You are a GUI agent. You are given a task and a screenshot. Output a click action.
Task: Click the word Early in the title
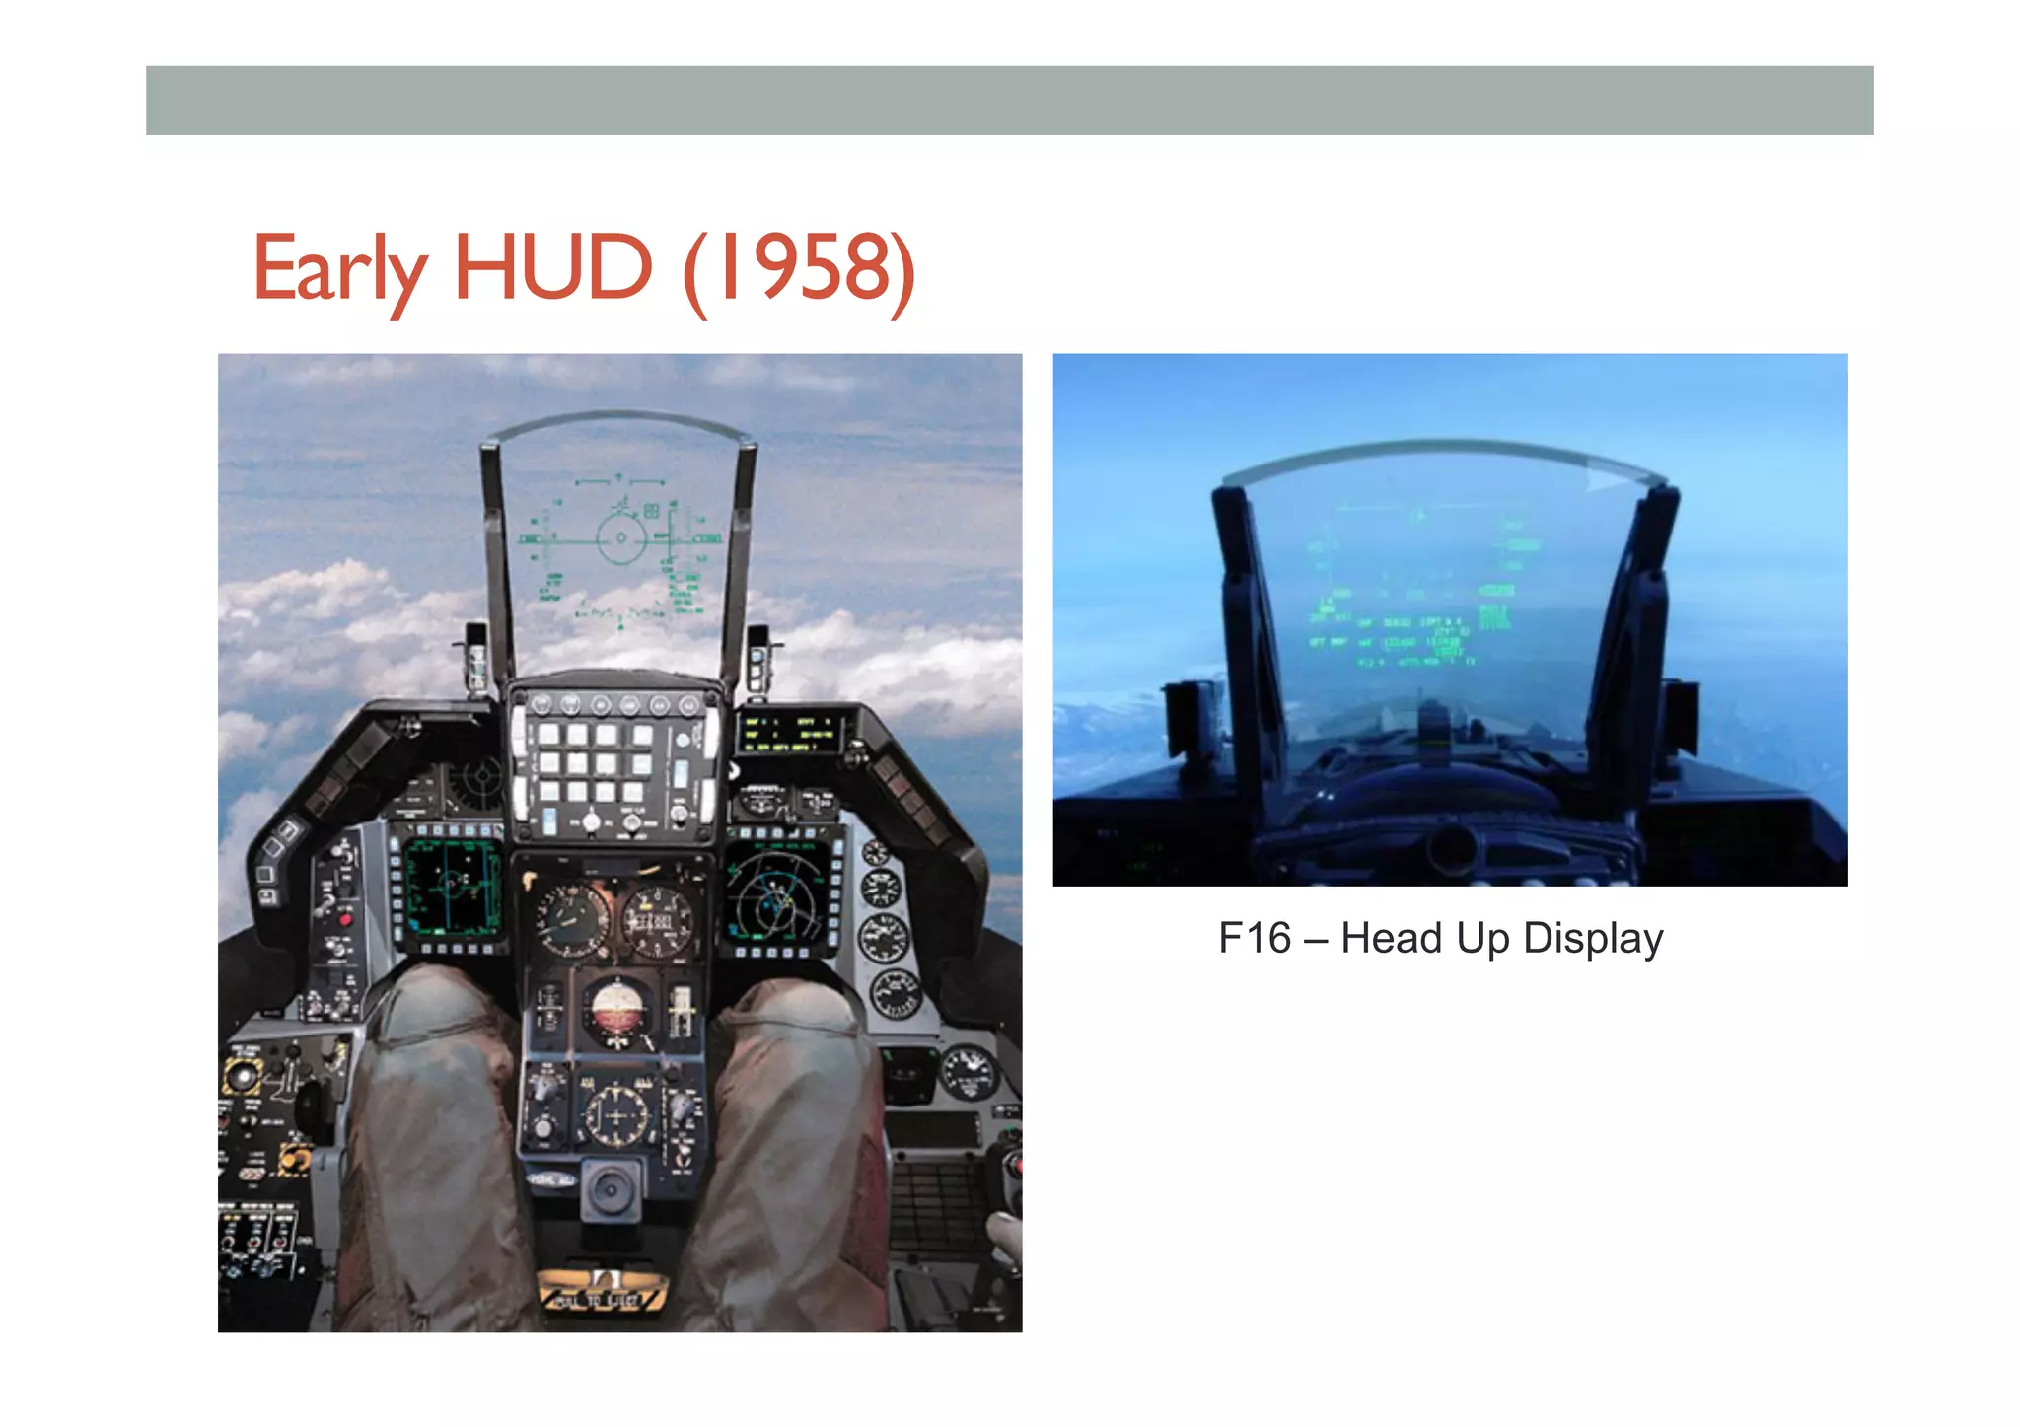coord(339,268)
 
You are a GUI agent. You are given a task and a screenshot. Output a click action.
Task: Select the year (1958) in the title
coord(799,268)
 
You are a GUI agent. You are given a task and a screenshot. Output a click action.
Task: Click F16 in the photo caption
coord(1254,938)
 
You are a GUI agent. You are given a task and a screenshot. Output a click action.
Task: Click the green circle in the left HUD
coord(621,537)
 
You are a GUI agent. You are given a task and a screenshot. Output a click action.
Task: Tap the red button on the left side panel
coord(345,919)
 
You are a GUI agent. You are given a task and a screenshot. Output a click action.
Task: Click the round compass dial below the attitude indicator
coord(617,1114)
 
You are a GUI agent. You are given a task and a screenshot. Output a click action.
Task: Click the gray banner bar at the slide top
coord(1009,101)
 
